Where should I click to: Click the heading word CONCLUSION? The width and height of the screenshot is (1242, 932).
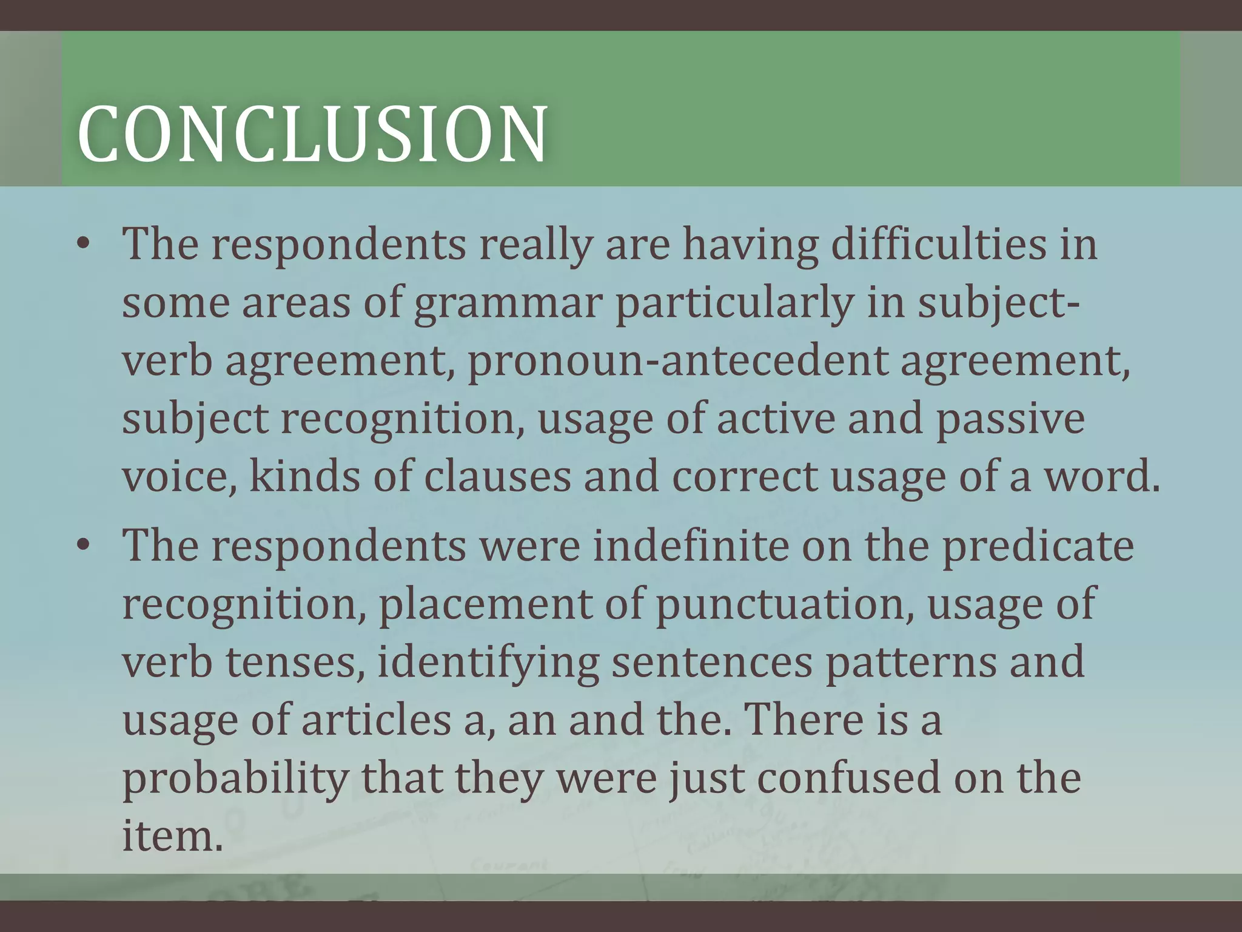[312, 135]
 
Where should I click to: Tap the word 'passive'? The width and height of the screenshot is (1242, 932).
[1010, 419]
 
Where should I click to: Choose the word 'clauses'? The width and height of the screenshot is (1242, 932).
[497, 477]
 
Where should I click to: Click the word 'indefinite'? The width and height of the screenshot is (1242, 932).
[691, 546]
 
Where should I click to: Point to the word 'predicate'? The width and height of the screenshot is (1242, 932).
[1037, 546]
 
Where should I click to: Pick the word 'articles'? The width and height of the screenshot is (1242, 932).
[376, 720]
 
